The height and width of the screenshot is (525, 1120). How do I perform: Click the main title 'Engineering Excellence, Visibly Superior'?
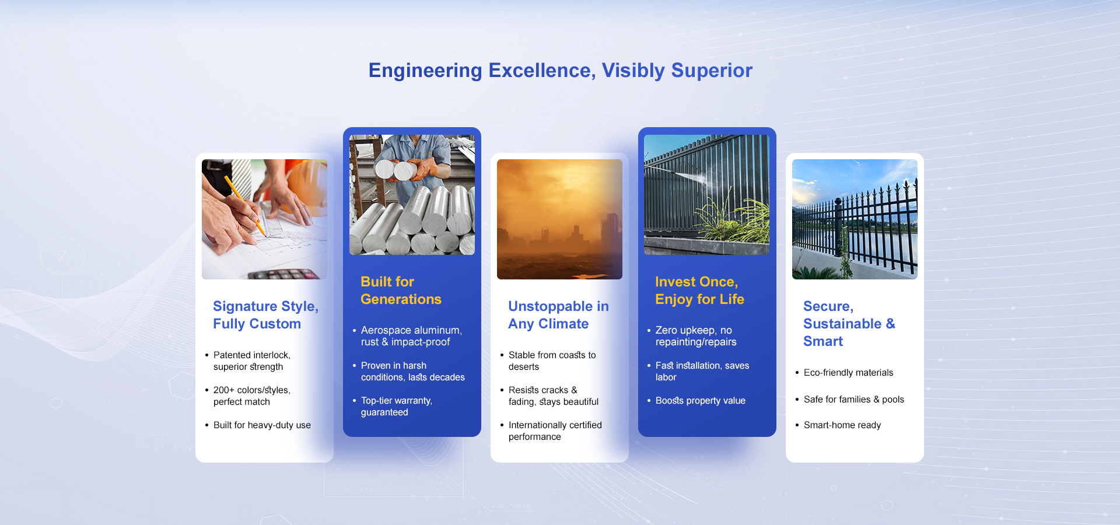[x=560, y=71]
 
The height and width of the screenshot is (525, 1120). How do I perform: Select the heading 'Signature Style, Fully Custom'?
[x=265, y=315]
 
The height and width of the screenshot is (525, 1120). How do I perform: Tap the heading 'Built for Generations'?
[x=401, y=290]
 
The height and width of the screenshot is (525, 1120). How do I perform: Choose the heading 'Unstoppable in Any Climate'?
[x=558, y=315]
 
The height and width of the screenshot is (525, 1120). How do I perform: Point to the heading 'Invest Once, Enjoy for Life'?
[x=699, y=290]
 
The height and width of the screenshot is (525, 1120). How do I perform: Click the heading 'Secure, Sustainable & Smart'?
[x=849, y=324]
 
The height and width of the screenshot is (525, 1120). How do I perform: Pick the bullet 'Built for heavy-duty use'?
[x=262, y=425]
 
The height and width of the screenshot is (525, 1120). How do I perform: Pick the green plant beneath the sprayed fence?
[x=729, y=222]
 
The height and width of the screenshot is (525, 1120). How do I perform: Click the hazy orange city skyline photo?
[x=559, y=219]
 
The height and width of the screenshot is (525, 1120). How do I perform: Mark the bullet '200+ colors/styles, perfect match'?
[x=251, y=396]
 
